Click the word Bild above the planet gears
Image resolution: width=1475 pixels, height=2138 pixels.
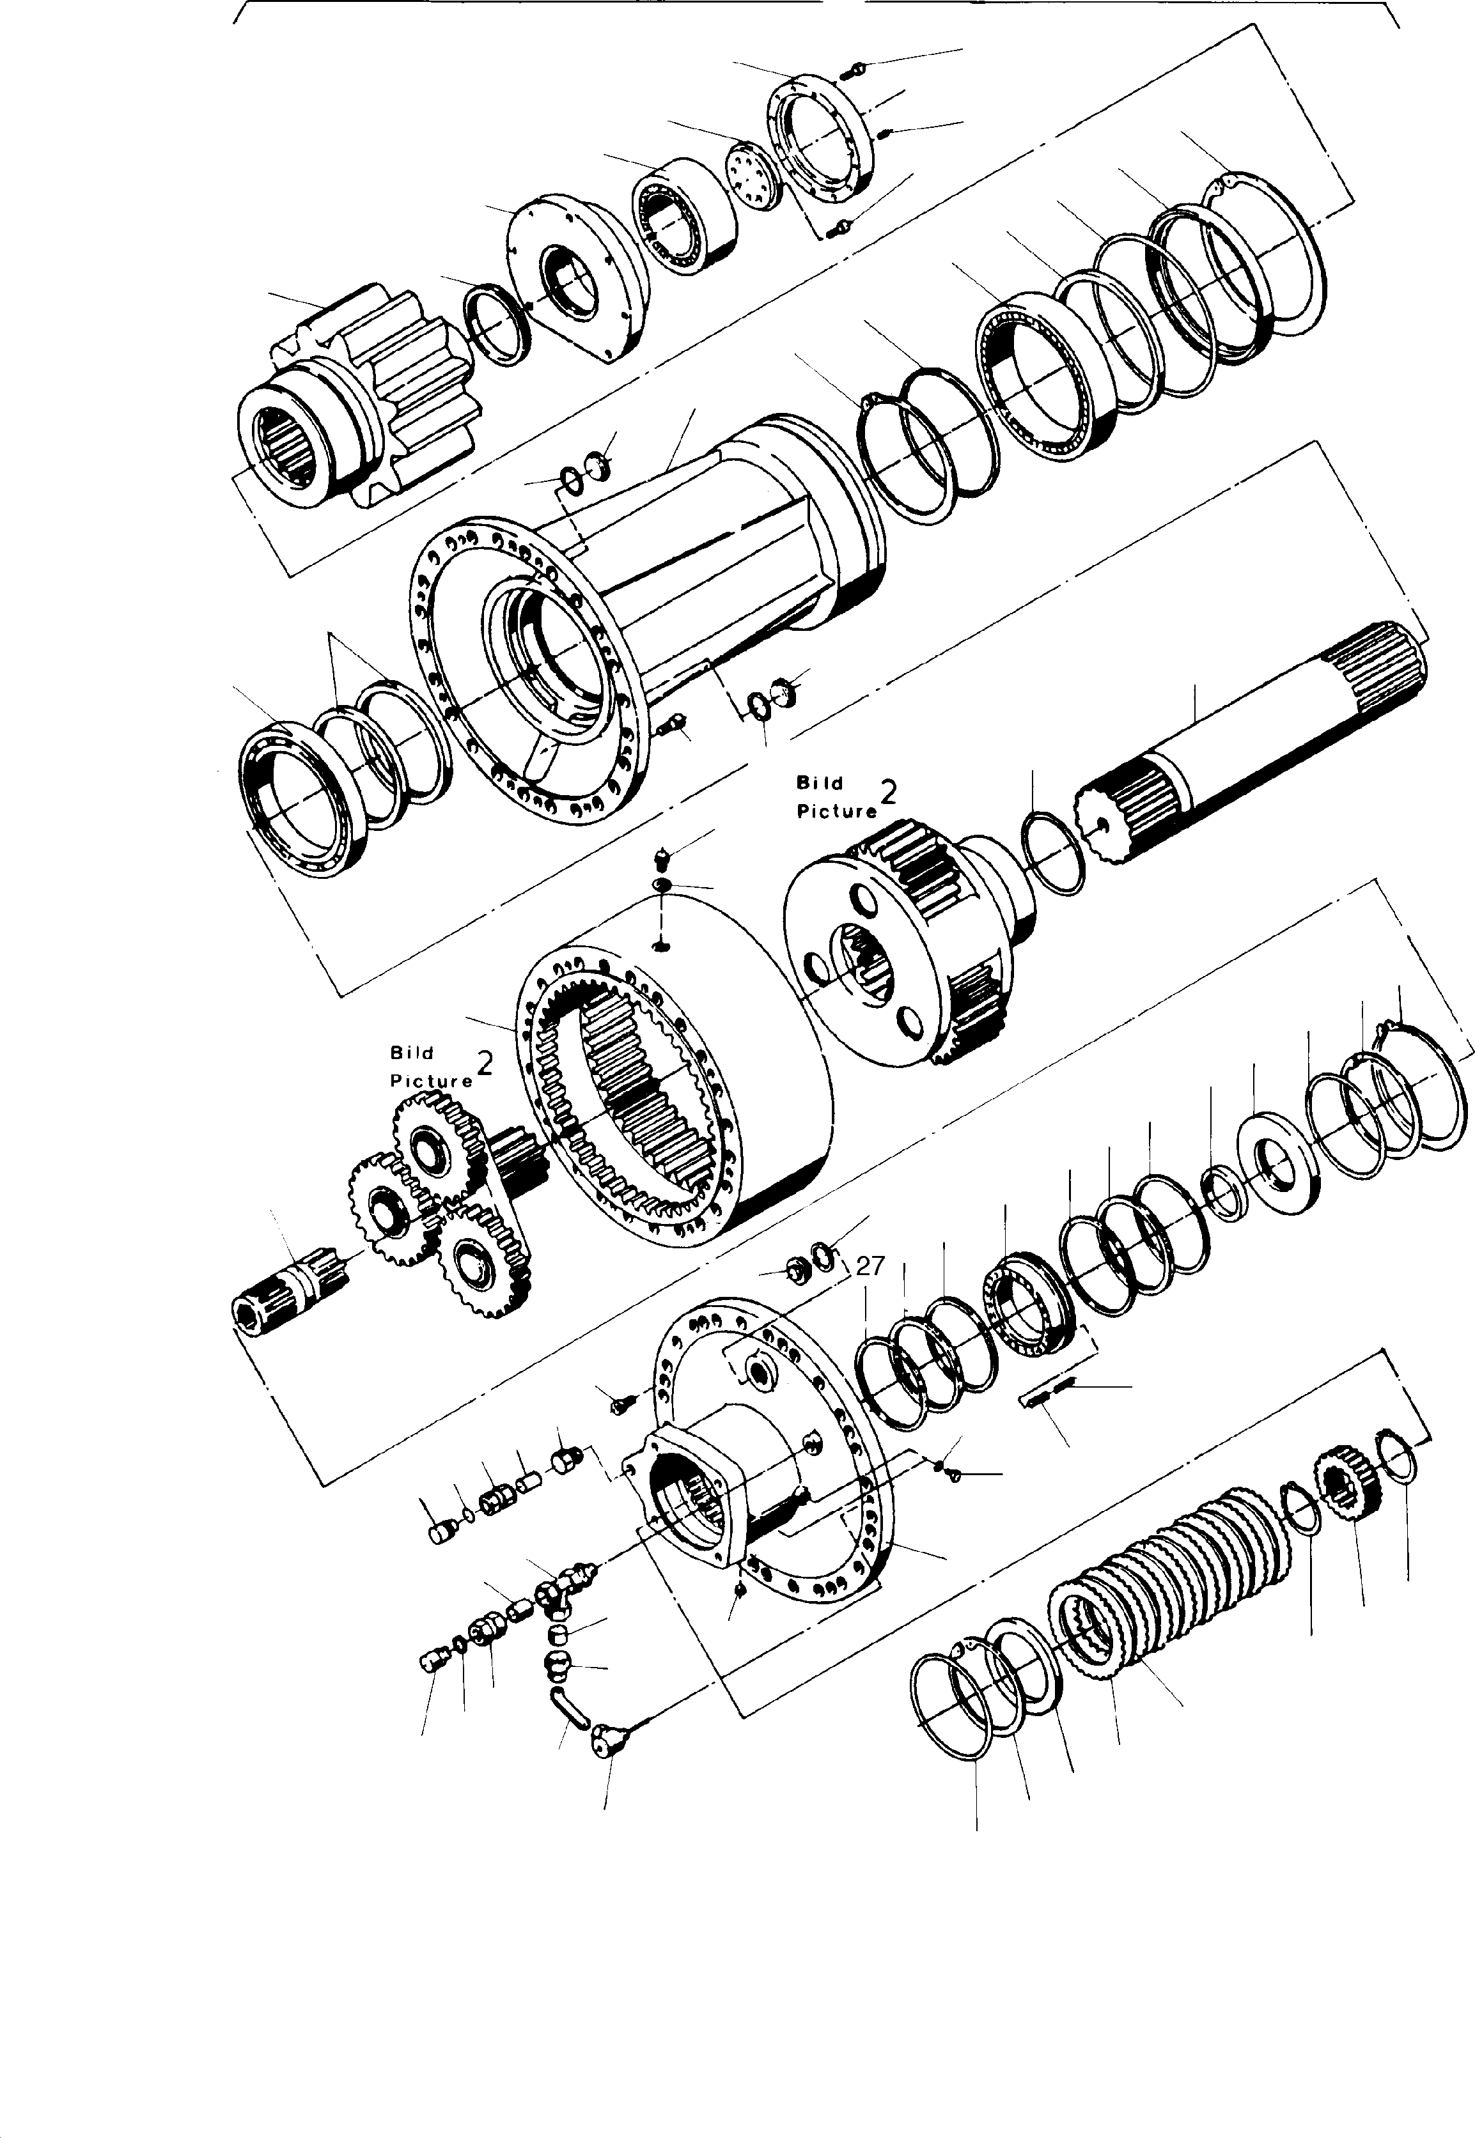point(411,1052)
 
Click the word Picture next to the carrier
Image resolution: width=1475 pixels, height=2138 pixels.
point(836,810)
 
